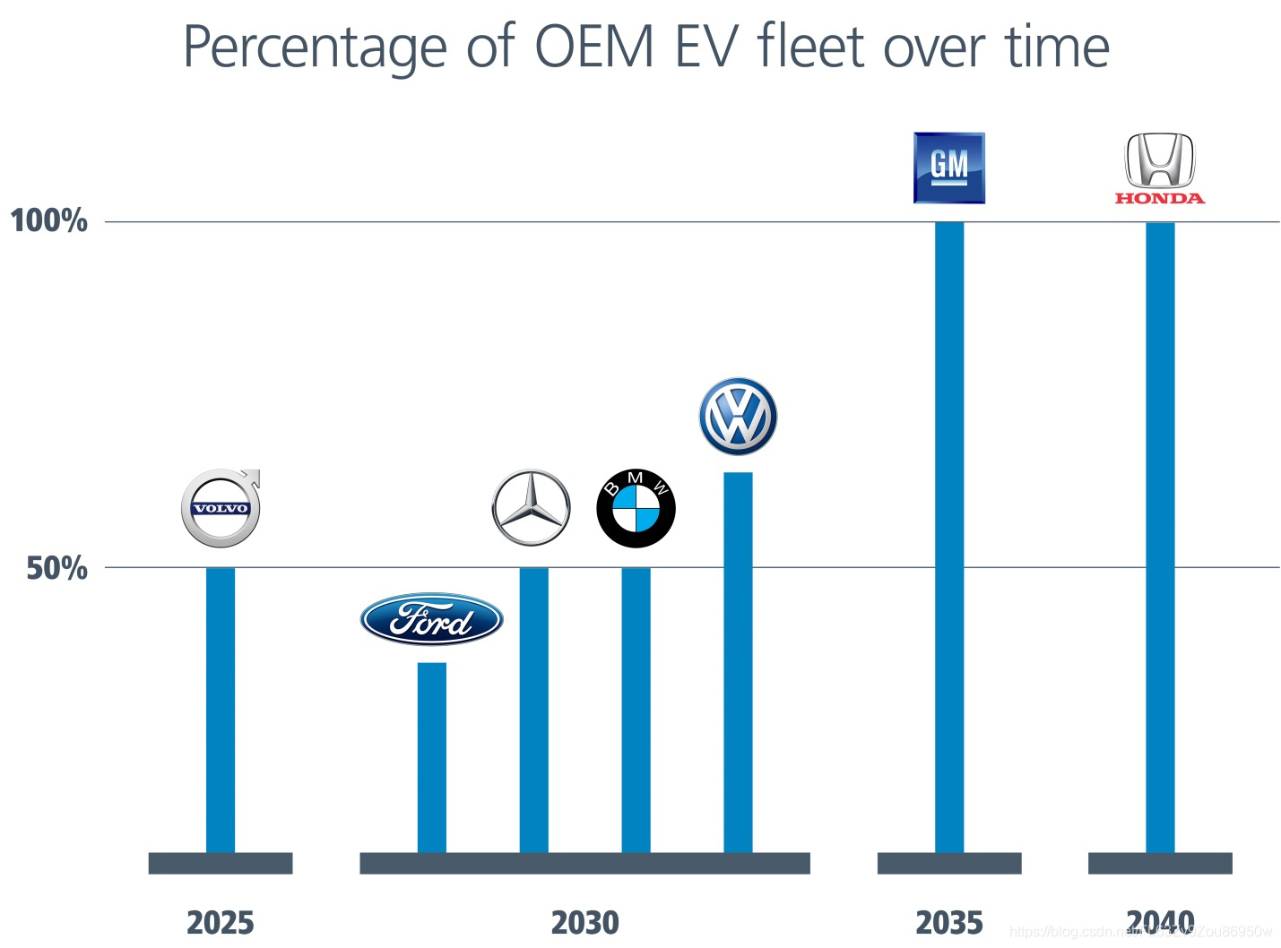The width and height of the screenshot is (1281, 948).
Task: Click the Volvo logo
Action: pos(221,508)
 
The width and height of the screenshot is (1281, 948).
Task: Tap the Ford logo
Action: pos(431,619)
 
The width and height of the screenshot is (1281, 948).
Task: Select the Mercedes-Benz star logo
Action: pos(532,508)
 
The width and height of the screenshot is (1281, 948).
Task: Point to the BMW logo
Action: pos(636,508)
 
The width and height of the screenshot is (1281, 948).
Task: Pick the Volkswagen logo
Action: pos(738,417)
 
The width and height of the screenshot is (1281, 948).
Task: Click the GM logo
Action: pos(948,168)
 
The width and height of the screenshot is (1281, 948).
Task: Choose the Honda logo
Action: pos(1159,169)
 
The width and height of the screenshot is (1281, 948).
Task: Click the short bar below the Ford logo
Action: pos(431,757)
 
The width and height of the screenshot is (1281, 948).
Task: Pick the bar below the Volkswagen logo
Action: pos(738,662)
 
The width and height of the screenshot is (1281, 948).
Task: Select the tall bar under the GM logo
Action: pos(948,538)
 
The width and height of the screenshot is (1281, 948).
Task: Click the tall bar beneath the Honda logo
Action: pos(1159,538)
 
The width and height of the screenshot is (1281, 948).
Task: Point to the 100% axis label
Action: pos(49,220)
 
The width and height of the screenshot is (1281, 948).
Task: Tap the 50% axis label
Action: pos(57,568)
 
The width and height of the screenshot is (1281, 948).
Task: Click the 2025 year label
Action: pos(221,922)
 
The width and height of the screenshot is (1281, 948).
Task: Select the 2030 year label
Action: pos(584,922)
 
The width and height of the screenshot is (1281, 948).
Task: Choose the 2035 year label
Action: pos(948,922)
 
